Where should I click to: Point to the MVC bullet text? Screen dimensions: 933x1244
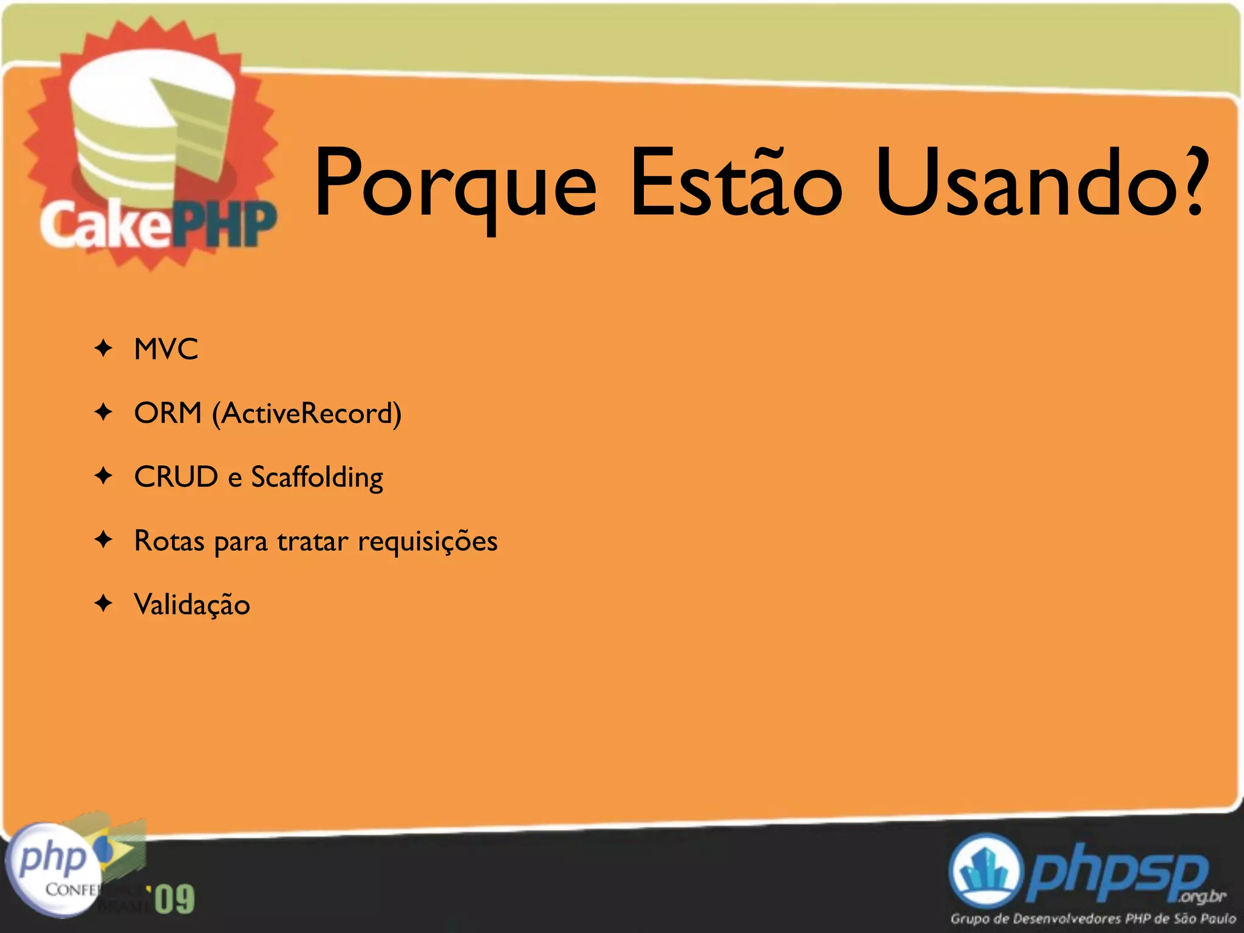166,349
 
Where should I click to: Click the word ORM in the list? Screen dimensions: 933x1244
168,413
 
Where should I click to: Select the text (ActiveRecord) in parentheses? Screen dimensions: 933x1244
307,414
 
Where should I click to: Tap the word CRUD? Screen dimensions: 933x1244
176,477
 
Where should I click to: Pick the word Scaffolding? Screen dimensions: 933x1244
317,478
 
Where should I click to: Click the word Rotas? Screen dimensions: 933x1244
169,541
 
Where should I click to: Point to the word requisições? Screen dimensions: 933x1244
428,542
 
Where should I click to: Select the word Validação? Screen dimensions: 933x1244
192,605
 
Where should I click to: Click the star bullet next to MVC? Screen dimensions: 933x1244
104,349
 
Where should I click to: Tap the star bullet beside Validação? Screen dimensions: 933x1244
104,603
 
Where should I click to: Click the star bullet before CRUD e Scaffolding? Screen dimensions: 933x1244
104,476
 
